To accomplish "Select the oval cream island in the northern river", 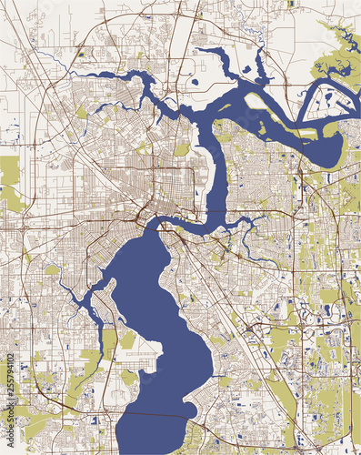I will [x=258, y=101].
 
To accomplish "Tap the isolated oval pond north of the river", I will [x=195, y=83].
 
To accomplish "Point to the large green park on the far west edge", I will [x=10, y=174].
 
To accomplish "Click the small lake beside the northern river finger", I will [x=246, y=68].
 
